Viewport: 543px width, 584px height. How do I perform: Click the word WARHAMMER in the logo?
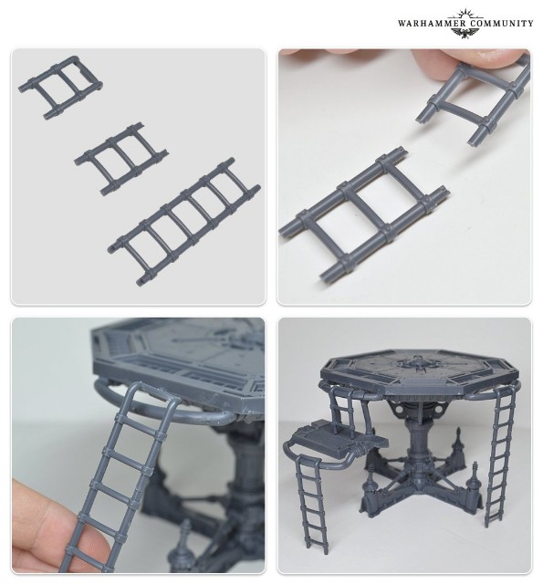click(432, 24)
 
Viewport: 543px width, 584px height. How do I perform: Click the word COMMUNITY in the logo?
click(501, 24)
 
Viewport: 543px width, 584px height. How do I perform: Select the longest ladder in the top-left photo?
click(184, 222)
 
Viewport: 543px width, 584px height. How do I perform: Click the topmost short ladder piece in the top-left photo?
click(60, 88)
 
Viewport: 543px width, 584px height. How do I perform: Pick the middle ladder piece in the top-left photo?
click(120, 158)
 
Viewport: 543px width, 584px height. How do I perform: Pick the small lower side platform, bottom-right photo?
click(337, 441)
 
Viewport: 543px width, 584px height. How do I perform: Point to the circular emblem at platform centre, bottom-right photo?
click(416, 362)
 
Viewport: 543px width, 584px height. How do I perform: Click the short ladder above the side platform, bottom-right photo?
click(344, 405)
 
